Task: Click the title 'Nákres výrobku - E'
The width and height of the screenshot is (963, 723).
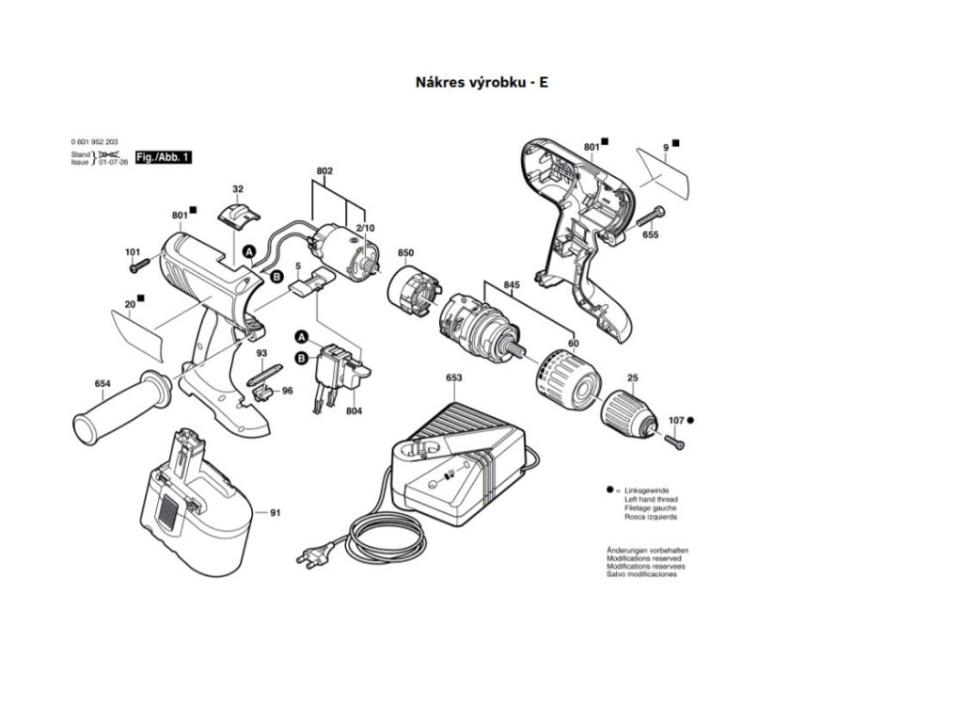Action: pos(481,82)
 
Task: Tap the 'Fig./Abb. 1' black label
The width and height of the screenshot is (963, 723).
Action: pos(163,157)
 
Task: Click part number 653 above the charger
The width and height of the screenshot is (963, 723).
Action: pos(453,378)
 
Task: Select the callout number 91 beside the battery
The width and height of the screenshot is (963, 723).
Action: pos(276,513)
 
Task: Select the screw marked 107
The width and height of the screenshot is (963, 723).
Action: pos(673,438)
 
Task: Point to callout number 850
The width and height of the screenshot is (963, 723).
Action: pos(405,253)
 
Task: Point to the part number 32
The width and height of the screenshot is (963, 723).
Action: pos(237,189)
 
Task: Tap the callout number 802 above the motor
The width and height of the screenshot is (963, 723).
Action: pos(324,170)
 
